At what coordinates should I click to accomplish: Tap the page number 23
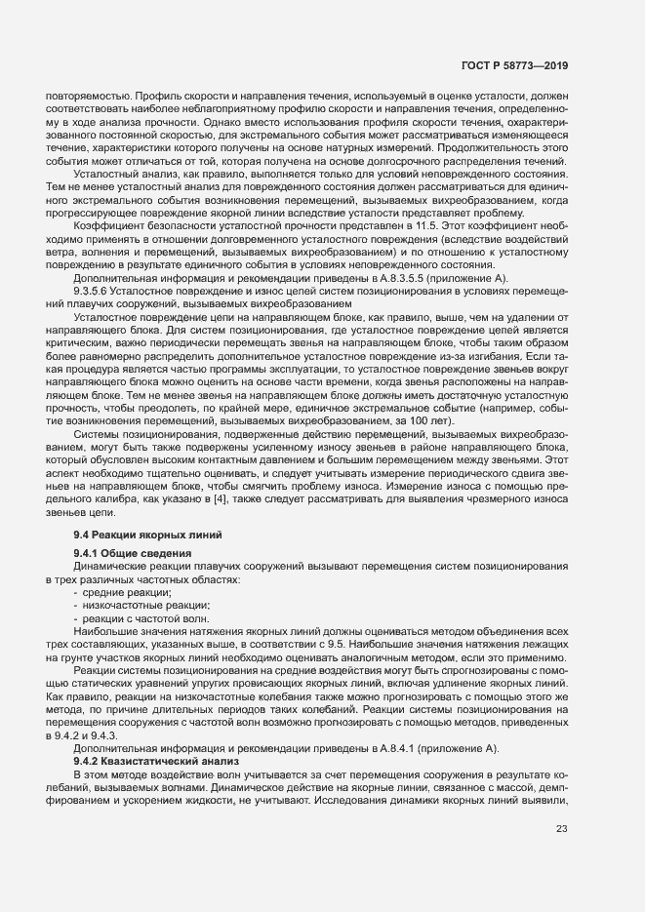[561, 830]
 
